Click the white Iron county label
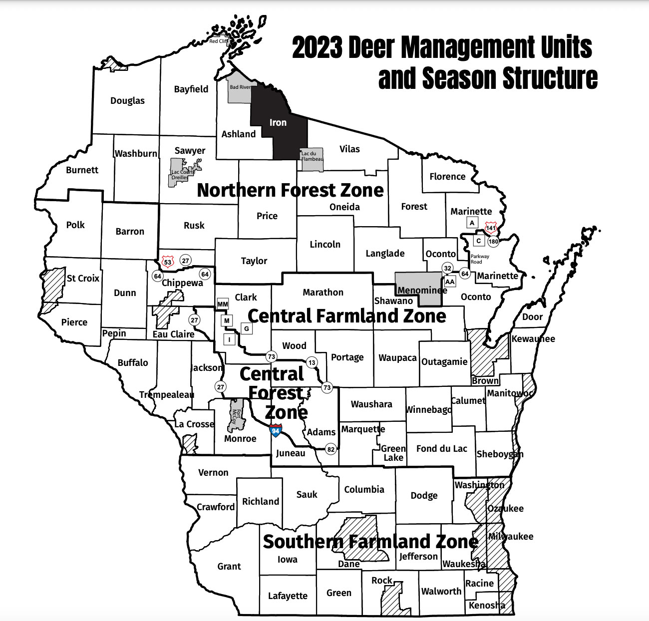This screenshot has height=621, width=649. pos(278,122)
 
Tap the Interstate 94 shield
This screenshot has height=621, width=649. pos(276,430)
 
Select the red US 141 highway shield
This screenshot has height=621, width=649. pos(491,228)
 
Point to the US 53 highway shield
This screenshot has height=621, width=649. pos(168,262)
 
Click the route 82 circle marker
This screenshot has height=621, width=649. pos(330,449)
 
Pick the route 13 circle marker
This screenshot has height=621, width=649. pos(312,362)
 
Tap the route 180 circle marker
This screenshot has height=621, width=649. pos(493,241)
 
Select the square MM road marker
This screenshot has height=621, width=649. pos(223,304)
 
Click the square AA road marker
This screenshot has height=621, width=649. pos(450,282)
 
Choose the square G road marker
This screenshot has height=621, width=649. pos(246,328)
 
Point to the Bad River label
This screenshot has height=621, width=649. pos(240,87)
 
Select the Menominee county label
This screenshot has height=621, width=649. pos(422,290)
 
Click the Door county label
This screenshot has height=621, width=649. pos(532,317)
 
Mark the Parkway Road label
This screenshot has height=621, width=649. pos(480,259)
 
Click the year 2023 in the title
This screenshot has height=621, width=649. pos(317,48)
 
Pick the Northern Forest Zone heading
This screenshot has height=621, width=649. pos(290,190)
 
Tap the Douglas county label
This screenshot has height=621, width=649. pos(127,100)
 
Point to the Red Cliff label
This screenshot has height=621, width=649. pos(218,41)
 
